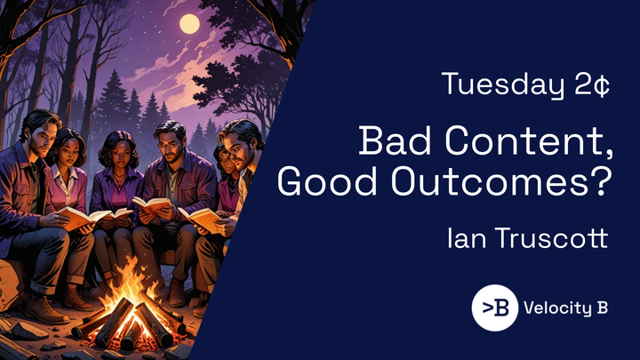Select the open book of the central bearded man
tap(151, 205)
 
